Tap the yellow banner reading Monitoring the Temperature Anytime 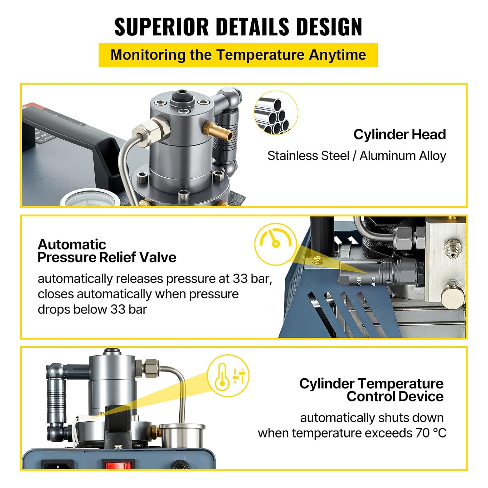[238, 55]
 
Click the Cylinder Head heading [400, 134]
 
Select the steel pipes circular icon [276, 113]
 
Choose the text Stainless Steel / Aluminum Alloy [357, 156]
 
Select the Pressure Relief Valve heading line [107, 257]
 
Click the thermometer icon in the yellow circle [222, 377]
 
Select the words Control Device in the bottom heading [395, 397]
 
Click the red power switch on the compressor [118, 465]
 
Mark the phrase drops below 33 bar [92, 309]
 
